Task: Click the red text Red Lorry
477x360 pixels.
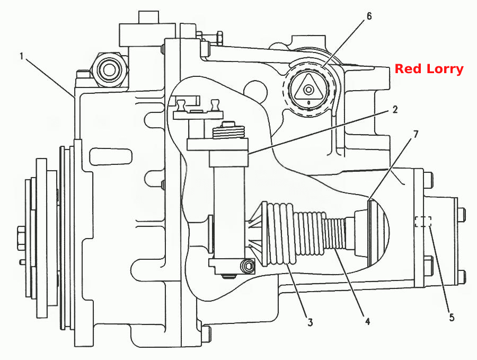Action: [429, 69]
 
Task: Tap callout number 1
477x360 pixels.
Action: [22, 56]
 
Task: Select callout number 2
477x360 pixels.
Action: [395, 110]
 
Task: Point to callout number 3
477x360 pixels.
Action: [310, 322]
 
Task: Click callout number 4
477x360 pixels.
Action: [367, 321]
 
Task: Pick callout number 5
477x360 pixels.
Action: [452, 318]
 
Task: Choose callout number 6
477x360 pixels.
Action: [369, 16]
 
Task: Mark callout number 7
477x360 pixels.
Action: [416, 134]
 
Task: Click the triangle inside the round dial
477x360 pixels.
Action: [309, 87]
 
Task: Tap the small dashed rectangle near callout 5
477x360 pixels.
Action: [423, 222]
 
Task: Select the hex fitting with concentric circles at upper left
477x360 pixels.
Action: [108, 69]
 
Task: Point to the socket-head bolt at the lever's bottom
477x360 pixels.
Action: [248, 266]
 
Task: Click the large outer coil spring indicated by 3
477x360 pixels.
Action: [280, 234]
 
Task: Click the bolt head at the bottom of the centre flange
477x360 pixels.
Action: [207, 334]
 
